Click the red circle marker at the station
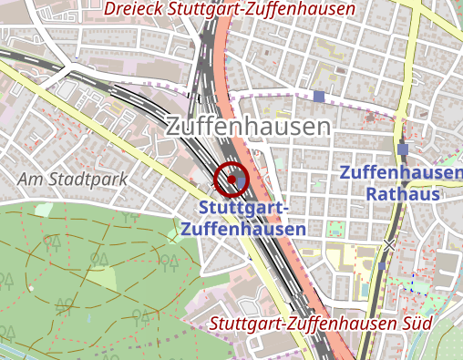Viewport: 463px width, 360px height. click(232, 179)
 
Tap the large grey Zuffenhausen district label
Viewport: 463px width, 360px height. click(247, 128)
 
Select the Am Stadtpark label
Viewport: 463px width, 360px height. click(72, 179)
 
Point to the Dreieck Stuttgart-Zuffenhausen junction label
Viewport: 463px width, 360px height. click(230, 9)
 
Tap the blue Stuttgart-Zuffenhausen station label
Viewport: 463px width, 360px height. click(242, 220)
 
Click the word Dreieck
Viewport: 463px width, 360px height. click(136, 9)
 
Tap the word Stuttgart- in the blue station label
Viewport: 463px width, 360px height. click(243, 210)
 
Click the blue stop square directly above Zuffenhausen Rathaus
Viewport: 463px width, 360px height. click(403, 149)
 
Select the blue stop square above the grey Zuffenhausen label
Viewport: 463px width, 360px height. click(318, 96)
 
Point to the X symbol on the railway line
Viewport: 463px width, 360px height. click(390, 244)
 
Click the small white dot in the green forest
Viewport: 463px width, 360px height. click(31, 288)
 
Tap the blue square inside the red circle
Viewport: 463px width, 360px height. click(232, 180)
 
